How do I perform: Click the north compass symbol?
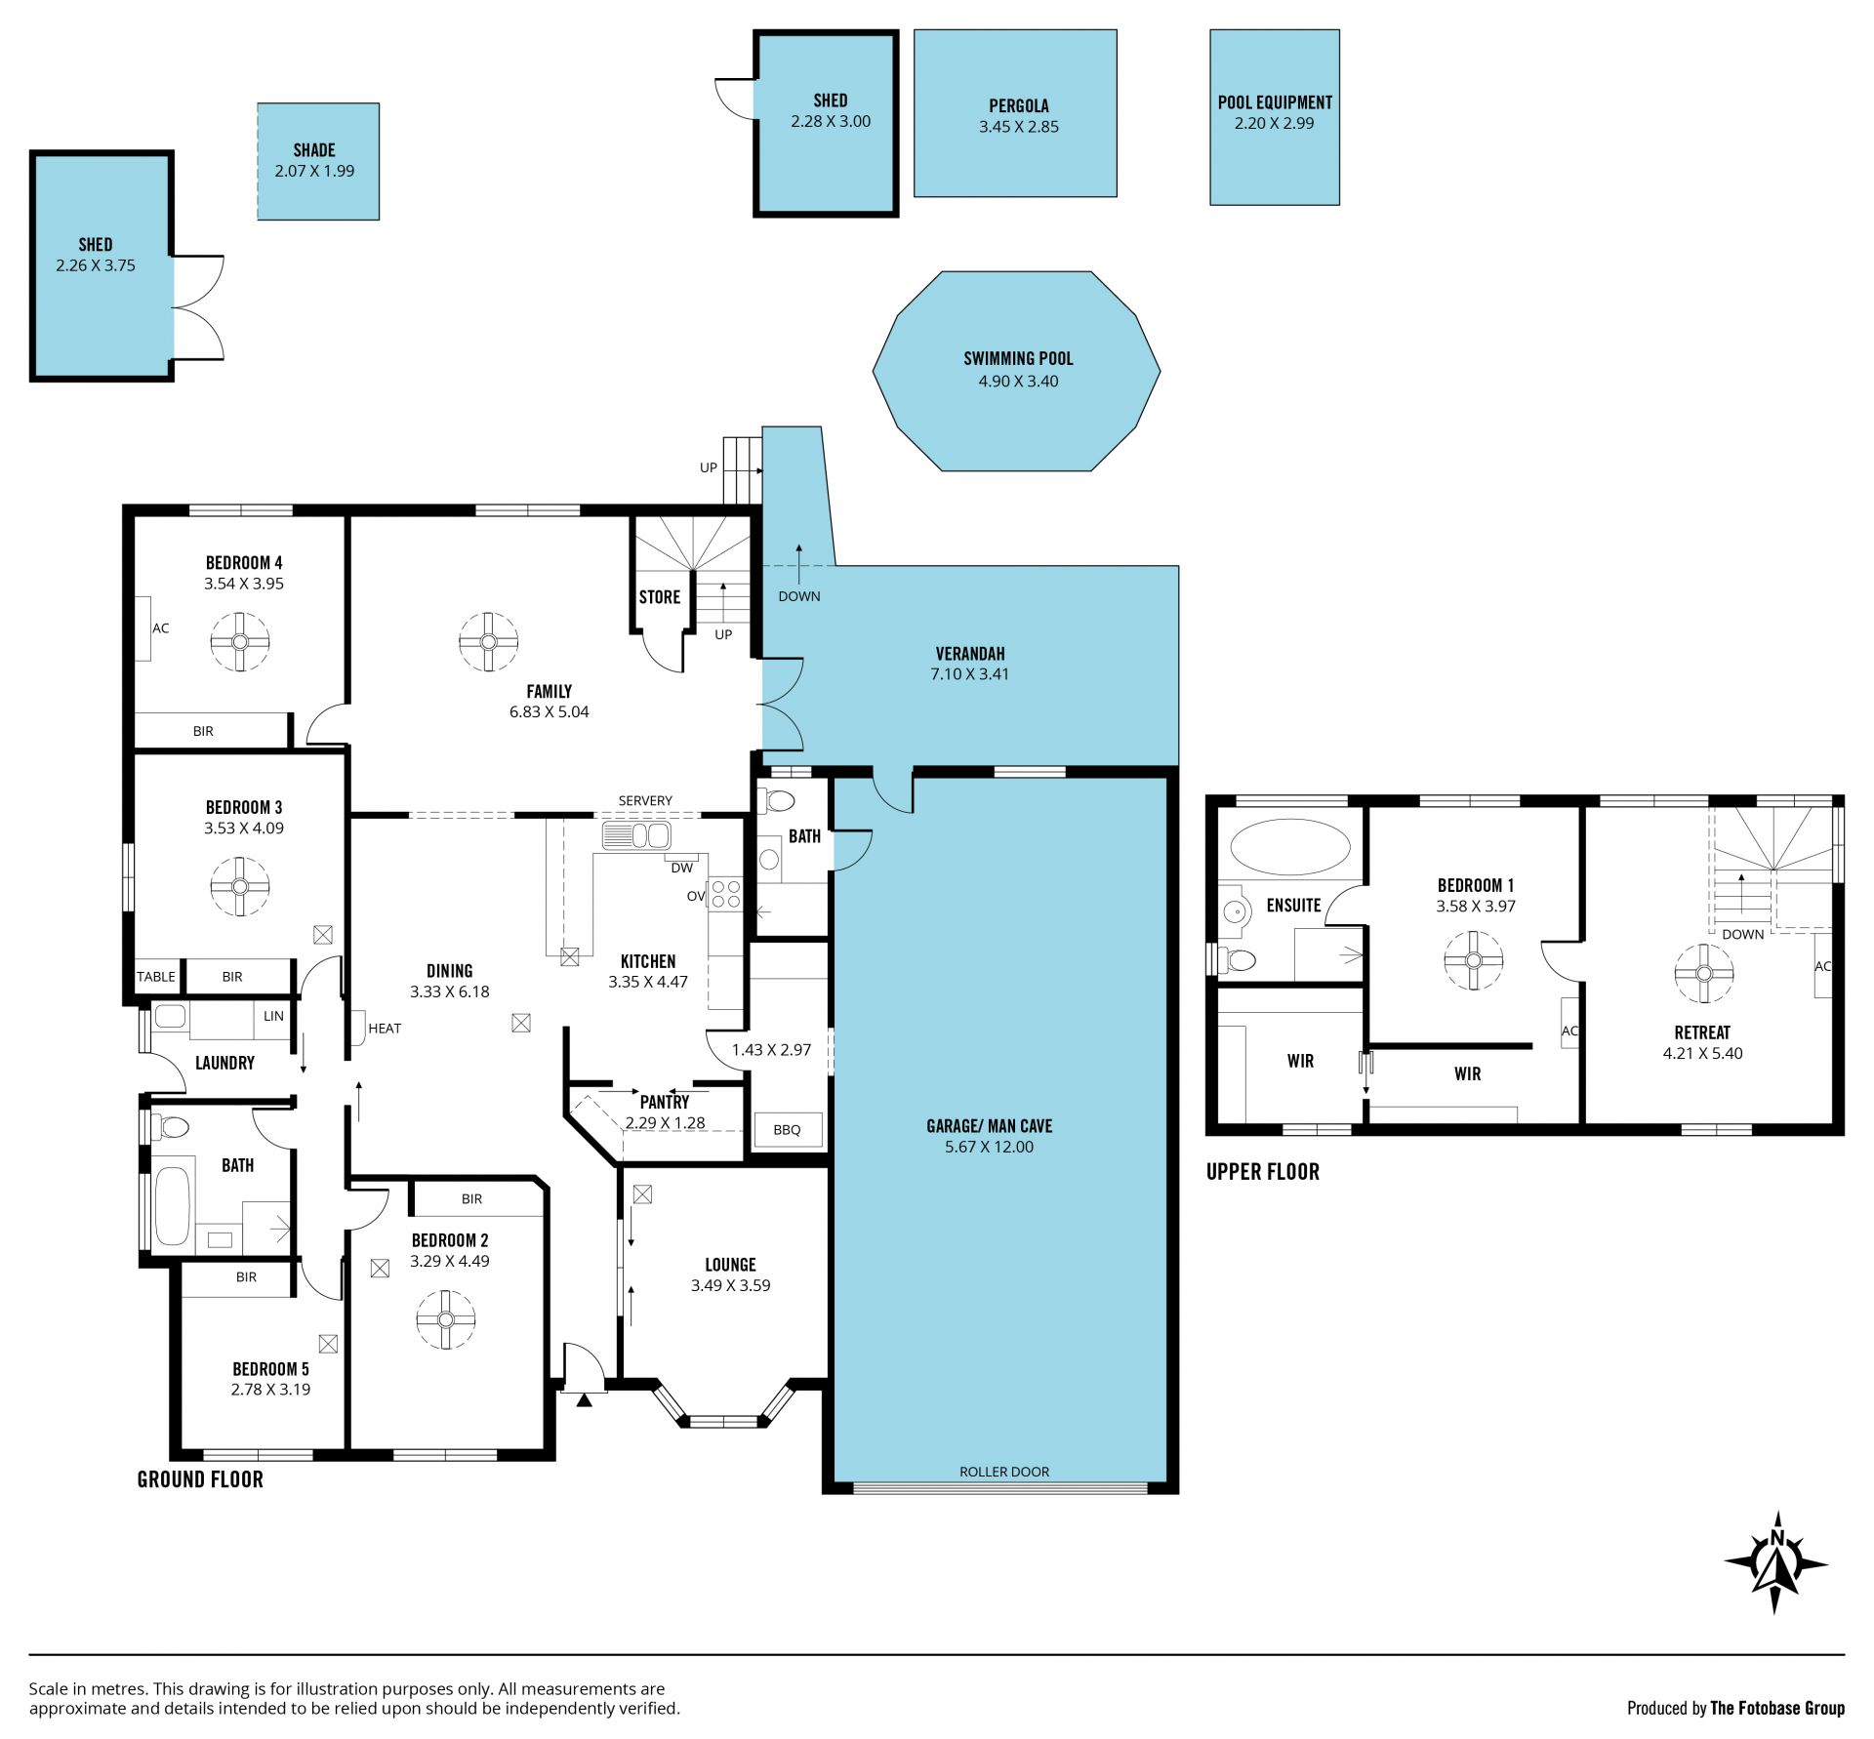pyautogui.click(x=1775, y=1563)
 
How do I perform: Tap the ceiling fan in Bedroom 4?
pyautogui.click(x=240, y=641)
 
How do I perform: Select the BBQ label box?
pyautogui.click(x=787, y=1129)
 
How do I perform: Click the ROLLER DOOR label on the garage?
pyautogui.click(x=1004, y=1472)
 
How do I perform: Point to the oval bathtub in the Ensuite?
pyautogui.click(x=1290, y=846)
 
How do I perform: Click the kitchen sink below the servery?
pyautogui.click(x=635, y=836)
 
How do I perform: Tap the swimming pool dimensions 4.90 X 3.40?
pyautogui.click(x=1018, y=382)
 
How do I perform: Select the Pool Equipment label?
pyautogui.click(x=1275, y=102)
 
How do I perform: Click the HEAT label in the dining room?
pyautogui.click(x=385, y=1028)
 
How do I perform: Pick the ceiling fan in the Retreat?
pyautogui.click(x=1704, y=973)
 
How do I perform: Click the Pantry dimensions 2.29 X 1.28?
pyautogui.click(x=665, y=1123)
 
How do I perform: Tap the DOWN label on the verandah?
pyautogui.click(x=799, y=596)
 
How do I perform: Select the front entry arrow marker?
pyautogui.click(x=584, y=1400)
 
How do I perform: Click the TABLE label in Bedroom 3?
pyautogui.click(x=156, y=976)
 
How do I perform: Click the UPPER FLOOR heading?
pyautogui.click(x=1263, y=1172)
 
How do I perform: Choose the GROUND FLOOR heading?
pyautogui.click(x=200, y=1479)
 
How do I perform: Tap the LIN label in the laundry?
pyautogui.click(x=273, y=1016)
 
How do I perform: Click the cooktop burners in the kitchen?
pyautogui.click(x=725, y=894)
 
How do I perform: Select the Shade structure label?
pyautogui.click(x=314, y=150)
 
